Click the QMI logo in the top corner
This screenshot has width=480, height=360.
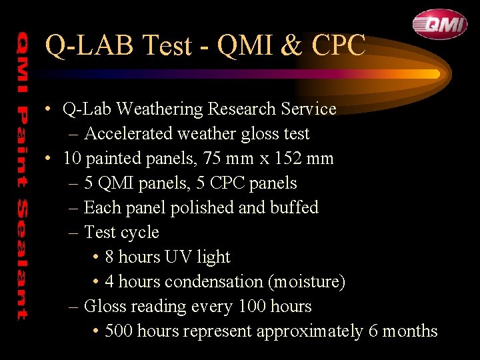pos(439,24)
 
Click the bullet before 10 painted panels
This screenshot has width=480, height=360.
pos(49,159)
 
